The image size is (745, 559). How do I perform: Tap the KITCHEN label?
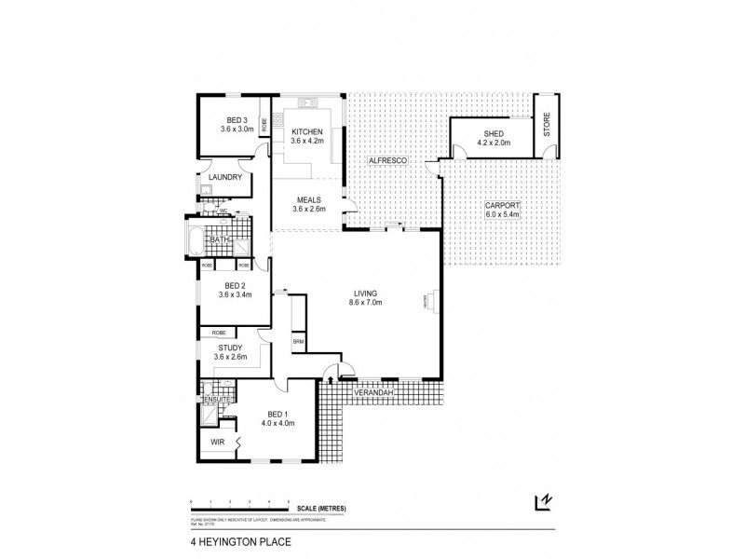306,131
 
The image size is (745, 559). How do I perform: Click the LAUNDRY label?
226,177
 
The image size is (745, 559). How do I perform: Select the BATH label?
219,239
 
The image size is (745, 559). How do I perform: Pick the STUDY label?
229,348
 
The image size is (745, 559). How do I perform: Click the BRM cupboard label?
298,342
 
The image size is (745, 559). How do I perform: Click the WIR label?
217,442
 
